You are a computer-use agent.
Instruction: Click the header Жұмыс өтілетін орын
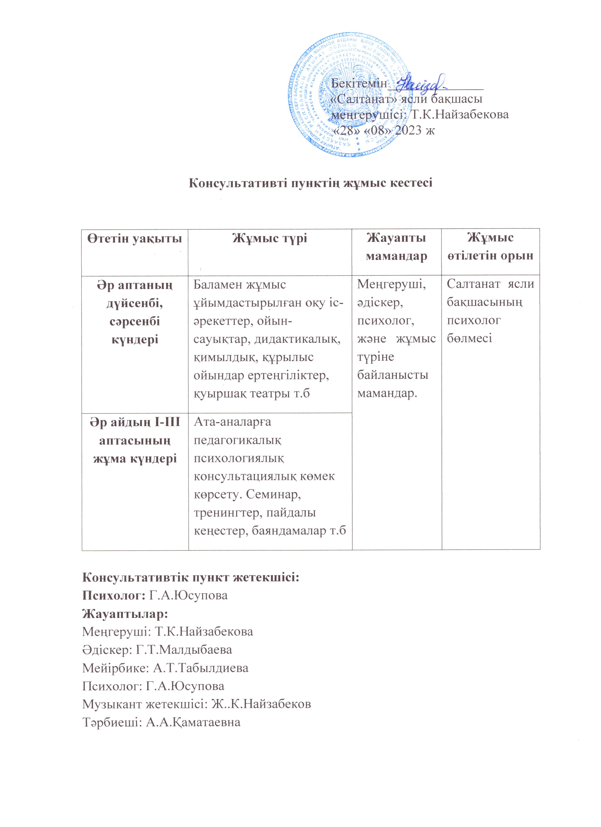[x=490, y=247]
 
